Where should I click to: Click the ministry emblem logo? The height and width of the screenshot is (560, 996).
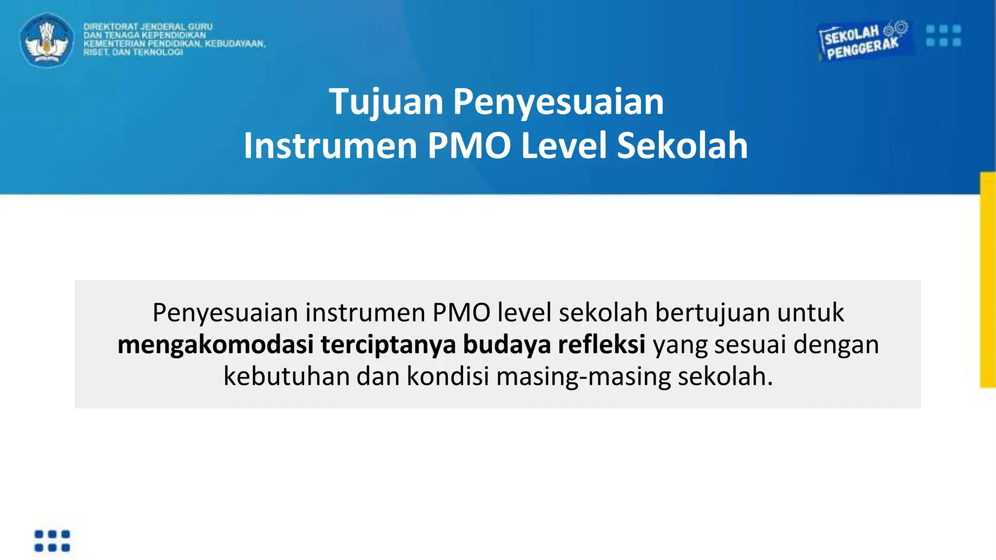coord(47,40)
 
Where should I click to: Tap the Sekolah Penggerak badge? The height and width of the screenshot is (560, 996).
coord(863,41)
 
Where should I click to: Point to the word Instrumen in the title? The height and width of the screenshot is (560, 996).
coord(330,145)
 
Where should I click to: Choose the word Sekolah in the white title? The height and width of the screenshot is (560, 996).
coord(682,145)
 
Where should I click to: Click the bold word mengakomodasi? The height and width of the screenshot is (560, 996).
coord(215,345)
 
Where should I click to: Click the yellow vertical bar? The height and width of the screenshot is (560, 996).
coord(988,280)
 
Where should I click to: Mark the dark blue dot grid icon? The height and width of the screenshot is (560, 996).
coord(52,541)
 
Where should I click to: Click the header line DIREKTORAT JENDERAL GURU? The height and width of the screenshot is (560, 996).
coord(148,27)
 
